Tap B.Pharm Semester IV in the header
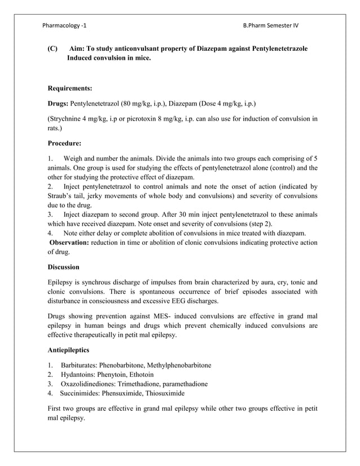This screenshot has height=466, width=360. (x=271, y=25)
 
